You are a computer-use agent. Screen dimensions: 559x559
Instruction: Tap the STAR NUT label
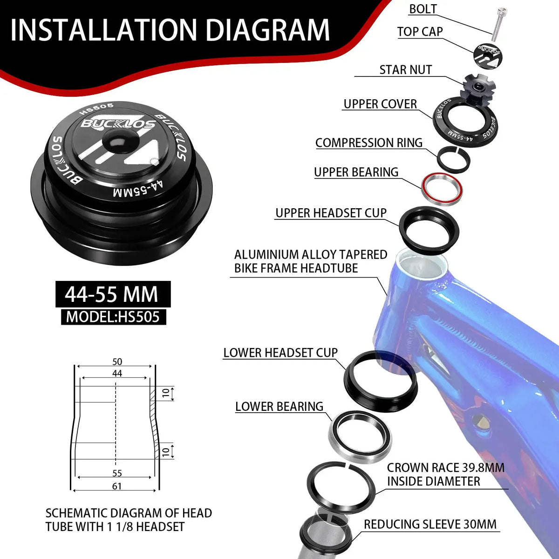click(406, 69)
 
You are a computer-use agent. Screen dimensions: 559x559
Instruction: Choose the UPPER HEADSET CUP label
click(331, 213)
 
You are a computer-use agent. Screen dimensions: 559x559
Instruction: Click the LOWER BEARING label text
click(279, 406)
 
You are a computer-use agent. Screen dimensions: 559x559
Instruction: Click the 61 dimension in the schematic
click(116, 486)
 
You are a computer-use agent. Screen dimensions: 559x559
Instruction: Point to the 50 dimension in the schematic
click(117, 362)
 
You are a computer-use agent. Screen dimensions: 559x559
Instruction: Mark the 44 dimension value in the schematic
click(117, 373)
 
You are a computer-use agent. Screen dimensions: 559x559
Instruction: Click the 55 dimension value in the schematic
click(117, 473)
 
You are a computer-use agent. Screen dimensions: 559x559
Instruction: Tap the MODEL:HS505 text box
click(113, 317)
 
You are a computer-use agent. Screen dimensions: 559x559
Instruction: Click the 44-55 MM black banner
click(113, 294)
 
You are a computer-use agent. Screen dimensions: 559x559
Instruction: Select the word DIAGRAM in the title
click(268, 30)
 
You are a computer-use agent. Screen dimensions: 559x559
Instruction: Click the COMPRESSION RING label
click(369, 143)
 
